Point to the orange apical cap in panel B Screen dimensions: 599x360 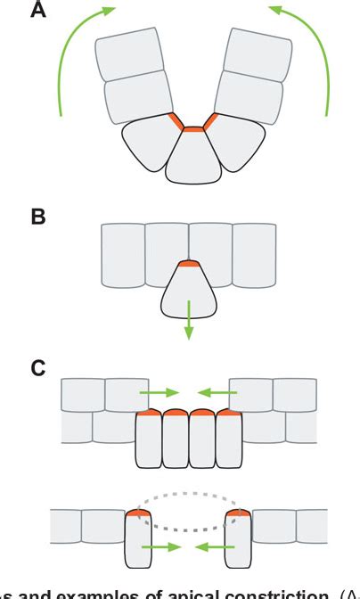(188, 263)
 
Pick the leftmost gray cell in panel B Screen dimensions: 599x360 (124, 254)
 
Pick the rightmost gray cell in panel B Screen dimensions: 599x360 (254, 254)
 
